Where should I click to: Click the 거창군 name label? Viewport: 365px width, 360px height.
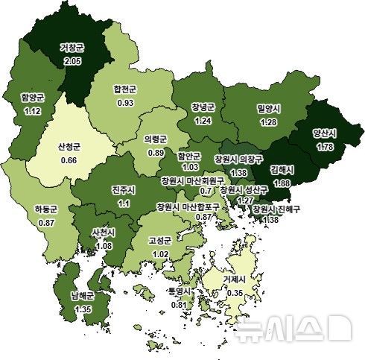point(72,48)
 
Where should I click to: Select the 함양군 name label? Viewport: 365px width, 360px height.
point(34,97)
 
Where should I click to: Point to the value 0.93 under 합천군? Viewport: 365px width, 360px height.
point(124,101)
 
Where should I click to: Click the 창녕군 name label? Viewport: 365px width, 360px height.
point(202,107)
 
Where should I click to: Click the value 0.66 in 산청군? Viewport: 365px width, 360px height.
point(69,160)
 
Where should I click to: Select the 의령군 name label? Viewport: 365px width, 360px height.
point(155,139)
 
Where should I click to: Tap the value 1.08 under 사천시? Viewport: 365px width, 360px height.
point(102,245)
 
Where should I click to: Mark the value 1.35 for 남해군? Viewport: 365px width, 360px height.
point(82,309)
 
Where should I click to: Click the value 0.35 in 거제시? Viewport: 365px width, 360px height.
point(236,292)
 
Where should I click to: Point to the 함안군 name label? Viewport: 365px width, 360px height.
point(189,157)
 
